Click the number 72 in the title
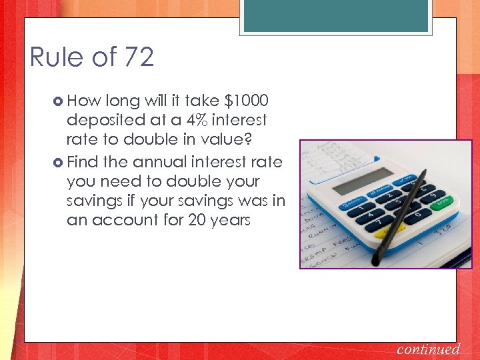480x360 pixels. (137, 57)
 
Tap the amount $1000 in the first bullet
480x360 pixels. (247, 101)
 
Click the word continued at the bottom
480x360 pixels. (429, 349)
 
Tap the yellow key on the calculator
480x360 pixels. (384, 233)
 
